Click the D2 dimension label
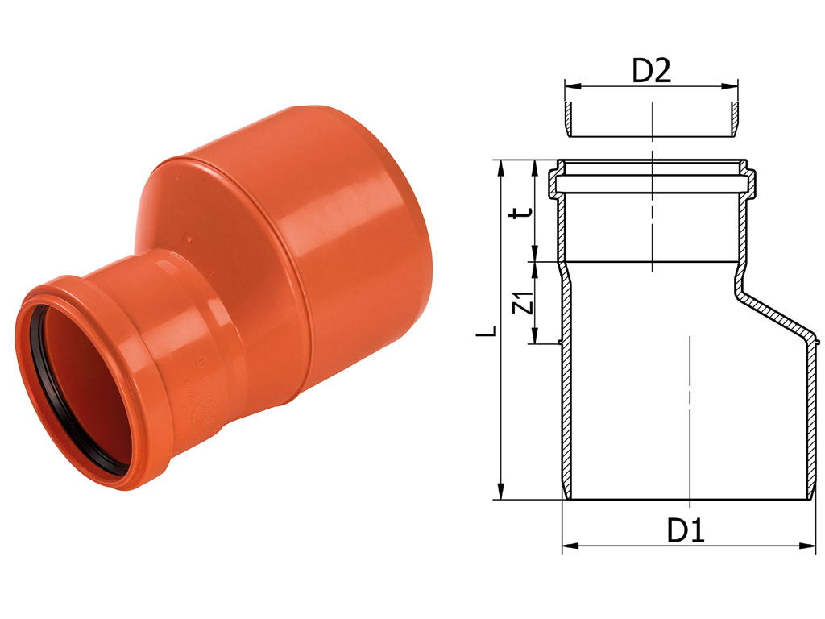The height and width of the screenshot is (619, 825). [651, 71]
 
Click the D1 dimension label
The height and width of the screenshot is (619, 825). [686, 530]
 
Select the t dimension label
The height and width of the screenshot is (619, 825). [524, 213]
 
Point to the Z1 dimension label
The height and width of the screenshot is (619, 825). [524, 303]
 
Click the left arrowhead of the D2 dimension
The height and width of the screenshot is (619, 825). [572, 85]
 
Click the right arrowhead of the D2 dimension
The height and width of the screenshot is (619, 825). [730, 85]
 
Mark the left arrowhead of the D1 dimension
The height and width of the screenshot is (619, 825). [570, 546]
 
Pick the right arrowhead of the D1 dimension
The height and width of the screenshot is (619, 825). [808, 546]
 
